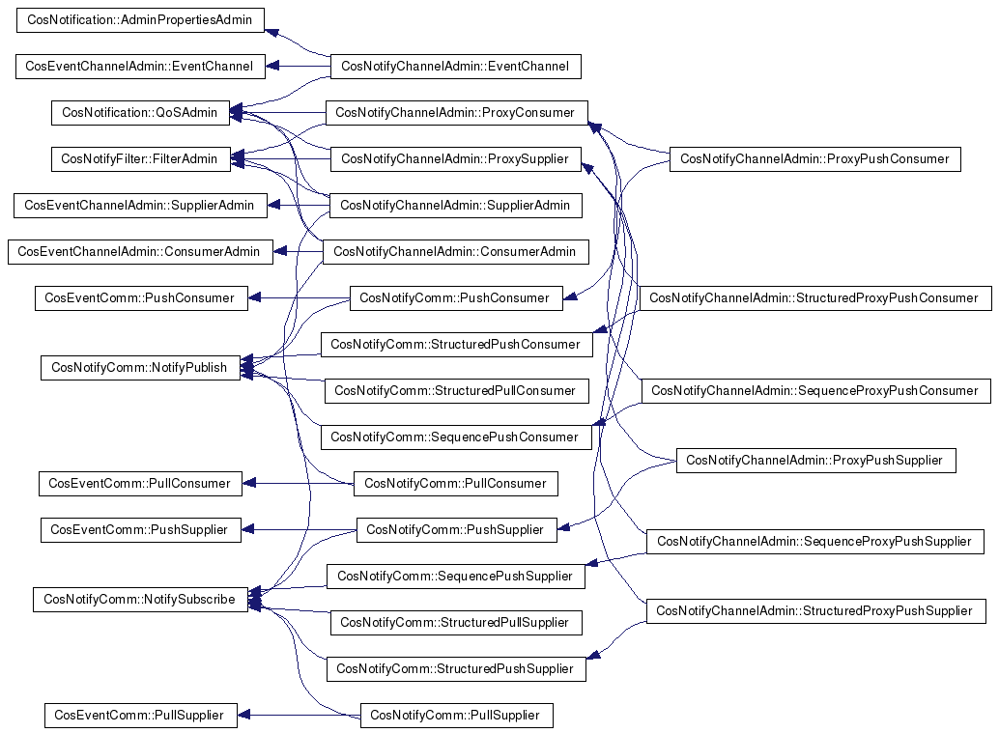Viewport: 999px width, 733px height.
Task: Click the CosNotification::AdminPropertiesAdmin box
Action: tap(140, 19)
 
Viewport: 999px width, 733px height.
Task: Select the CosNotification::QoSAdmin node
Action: tap(140, 113)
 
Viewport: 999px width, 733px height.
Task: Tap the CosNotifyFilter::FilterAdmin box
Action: tap(140, 158)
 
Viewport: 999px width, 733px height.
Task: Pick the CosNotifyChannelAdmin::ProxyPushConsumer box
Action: tap(814, 158)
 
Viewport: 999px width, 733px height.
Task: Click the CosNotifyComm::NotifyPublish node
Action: tap(140, 367)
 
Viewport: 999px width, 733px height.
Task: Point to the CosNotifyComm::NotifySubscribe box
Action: tap(140, 600)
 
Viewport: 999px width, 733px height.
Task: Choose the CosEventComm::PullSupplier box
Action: tap(140, 716)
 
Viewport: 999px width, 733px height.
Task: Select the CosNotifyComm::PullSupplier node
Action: tap(456, 716)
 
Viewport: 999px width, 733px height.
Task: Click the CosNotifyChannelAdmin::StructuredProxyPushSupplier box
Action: tap(815, 610)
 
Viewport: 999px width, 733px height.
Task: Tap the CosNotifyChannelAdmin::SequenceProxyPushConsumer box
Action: tap(816, 390)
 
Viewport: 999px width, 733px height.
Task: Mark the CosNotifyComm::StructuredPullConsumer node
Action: tap(456, 390)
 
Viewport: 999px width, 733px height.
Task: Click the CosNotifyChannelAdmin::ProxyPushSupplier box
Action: tap(815, 461)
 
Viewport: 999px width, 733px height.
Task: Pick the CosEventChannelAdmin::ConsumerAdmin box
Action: tap(140, 251)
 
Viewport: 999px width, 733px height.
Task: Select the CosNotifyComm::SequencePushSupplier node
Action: tap(455, 577)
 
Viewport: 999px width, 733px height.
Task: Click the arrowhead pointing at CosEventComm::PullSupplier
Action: tap(243, 716)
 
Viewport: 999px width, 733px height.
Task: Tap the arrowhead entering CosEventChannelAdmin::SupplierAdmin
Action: tap(274, 205)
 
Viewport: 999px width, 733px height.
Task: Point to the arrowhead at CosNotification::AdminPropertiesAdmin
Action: tap(271, 32)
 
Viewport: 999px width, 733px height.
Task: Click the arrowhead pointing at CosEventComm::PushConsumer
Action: tap(255, 298)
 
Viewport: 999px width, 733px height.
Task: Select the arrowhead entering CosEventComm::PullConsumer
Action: tap(249, 484)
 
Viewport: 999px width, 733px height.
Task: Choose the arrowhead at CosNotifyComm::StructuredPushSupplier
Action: tap(593, 655)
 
